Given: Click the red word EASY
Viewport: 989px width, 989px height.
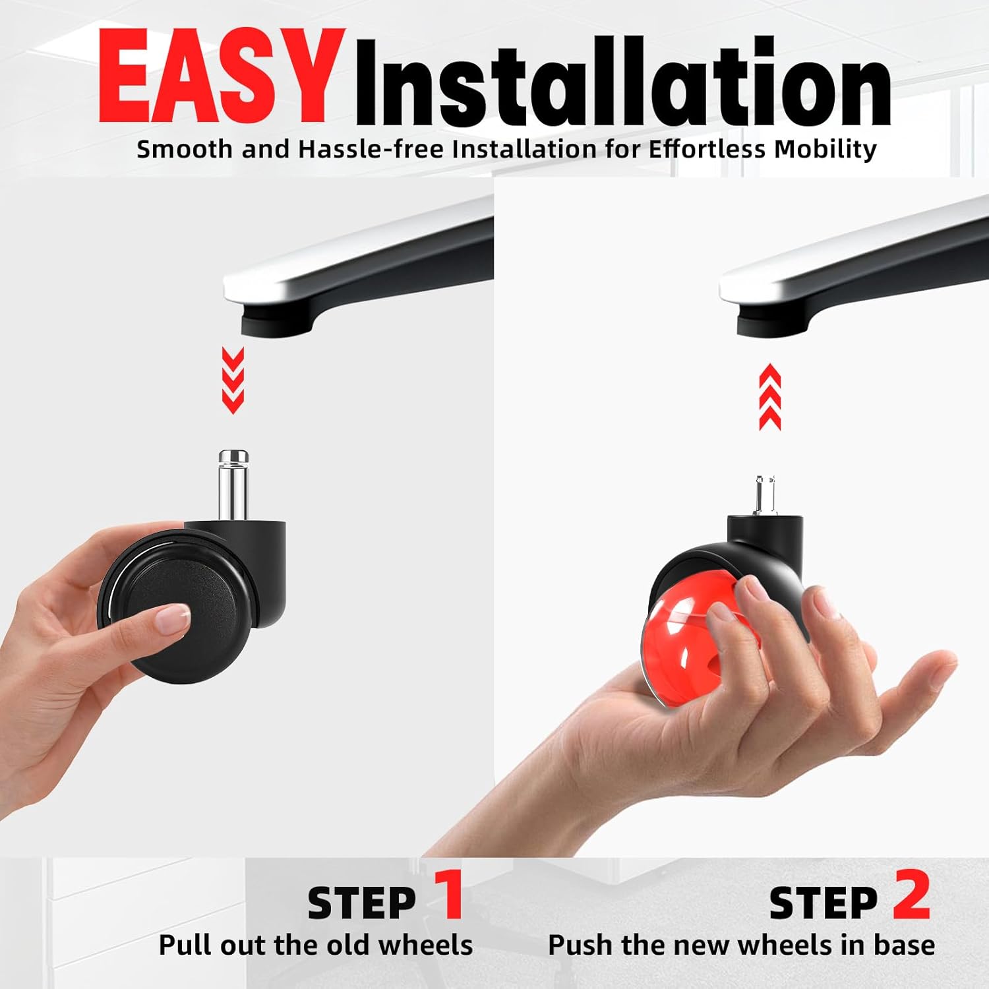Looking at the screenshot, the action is coord(214,78).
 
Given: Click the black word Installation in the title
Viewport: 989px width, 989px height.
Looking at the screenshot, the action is coord(623,82).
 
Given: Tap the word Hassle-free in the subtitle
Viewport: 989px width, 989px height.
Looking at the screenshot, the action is coord(371,149).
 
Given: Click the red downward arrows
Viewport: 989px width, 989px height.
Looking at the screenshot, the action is coord(233,380).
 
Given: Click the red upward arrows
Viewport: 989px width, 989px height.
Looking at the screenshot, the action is coord(769,398).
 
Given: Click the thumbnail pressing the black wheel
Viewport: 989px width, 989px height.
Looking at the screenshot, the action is coord(170,618).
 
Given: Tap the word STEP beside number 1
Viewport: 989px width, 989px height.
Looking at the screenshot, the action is coord(361,903).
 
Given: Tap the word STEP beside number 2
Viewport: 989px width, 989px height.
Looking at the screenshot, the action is coord(824,903).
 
